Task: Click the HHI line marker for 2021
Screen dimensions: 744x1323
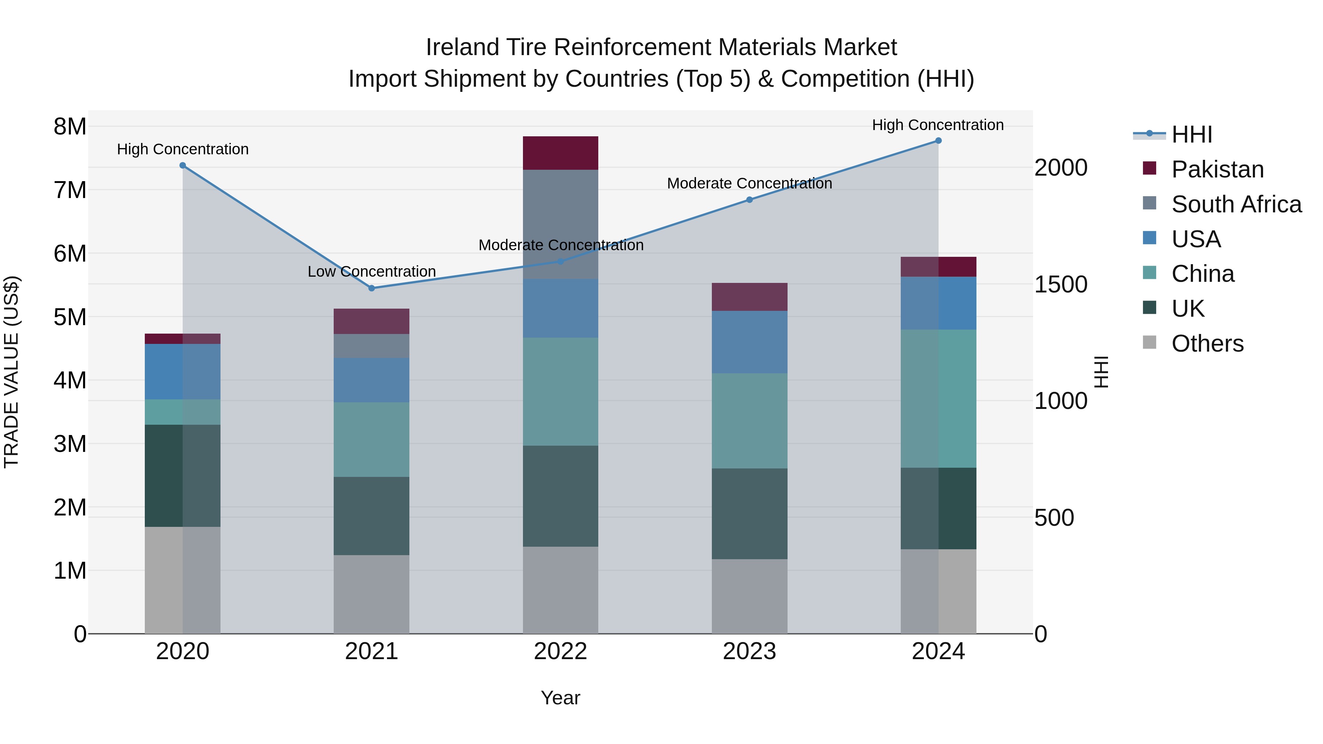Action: (x=371, y=288)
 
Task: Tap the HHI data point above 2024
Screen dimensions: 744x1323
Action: (x=938, y=141)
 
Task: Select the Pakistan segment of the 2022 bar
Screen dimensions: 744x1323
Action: (x=560, y=153)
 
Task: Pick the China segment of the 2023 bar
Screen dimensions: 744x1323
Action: (x=749, y=421)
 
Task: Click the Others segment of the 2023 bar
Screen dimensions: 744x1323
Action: (x=749, y=596)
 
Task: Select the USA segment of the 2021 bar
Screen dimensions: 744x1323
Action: (x=371, y=380)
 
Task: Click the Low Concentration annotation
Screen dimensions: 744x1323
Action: (x=371, y=272)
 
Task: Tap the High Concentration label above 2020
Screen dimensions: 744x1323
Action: (x=183, y=150)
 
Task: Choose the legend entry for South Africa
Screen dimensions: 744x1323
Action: (x=1236, y=204)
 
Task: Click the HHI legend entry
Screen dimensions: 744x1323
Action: (x=1191, y=134)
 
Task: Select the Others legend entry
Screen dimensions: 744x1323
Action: (x=1207, y=344)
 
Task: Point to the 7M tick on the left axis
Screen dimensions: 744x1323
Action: (x=70, y=190)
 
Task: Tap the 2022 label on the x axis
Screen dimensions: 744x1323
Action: (x=560, y=651)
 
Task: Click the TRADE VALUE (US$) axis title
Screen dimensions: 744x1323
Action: (x=12, y=372)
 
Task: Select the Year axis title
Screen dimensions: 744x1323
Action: (x=560, y=698)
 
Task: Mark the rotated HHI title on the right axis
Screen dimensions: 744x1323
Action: (x=1101, y=372)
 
